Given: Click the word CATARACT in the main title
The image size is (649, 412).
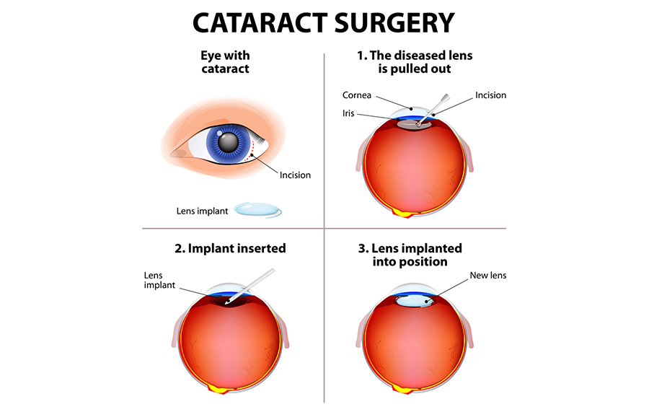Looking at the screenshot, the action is [x=260, y=23].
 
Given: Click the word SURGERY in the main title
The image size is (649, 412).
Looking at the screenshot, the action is [x=395, y=23].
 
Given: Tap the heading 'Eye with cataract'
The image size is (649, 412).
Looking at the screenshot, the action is [x=226, y=62].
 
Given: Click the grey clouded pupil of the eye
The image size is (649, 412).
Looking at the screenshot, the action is [x=228, y=142].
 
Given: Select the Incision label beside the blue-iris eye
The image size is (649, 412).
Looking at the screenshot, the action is [x=295, y=175].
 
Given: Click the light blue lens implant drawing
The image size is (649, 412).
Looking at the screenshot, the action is [x=258, y=209].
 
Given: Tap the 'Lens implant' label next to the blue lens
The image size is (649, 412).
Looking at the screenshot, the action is [x=202, y=211].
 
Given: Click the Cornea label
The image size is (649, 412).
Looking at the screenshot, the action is [x=357, y=95].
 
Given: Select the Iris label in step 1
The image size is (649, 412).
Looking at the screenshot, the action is [x=348, y=113].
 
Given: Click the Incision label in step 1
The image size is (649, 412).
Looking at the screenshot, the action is [x=490, y=95].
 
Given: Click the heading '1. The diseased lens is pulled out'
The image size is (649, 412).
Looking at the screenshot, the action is [x=415, y=62].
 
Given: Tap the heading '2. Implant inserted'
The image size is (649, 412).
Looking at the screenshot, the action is [x=230, y=248].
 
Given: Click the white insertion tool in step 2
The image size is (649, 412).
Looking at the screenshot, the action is [x=250, y=286].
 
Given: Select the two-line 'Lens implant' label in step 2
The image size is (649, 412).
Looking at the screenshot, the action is [x=159, y=281].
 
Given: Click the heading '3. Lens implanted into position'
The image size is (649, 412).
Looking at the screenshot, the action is [x=410, y=255].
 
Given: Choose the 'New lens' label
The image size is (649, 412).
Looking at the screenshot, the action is [x=488, y=276].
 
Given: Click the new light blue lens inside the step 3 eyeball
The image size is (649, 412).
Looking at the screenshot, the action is [x=415, y=301].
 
